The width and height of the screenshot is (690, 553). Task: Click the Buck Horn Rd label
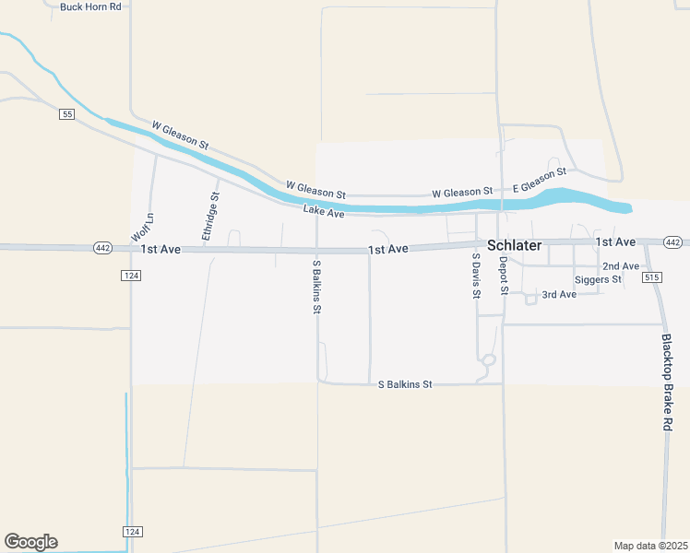coord(90,6)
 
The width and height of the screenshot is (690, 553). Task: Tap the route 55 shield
coord(66,113)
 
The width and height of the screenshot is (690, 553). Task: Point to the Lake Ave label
coord(324,213)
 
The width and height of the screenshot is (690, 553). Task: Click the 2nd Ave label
coord(621,266)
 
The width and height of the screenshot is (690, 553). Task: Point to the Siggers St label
coord(598,279)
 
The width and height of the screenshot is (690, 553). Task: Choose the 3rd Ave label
coord(559,295)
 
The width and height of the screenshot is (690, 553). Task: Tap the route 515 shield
coord(653,277)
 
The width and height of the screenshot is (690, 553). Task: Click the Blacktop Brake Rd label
coord(667,382)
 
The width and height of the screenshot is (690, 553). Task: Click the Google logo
coord(30,542)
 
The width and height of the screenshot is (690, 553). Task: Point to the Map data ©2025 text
coord(650,546)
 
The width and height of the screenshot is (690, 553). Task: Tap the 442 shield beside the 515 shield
coord(673,242)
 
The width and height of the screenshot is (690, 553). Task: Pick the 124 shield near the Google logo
coord(132,532)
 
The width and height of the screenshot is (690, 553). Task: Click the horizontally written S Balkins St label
coord(405,383)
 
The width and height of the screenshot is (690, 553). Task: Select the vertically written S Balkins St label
coord(315,287)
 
